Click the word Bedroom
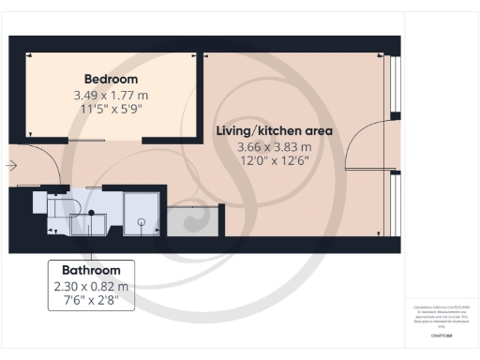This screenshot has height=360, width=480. (111, 79)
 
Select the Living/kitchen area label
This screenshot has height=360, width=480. (274, 131)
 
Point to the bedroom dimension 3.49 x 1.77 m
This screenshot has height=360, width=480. (111, 96)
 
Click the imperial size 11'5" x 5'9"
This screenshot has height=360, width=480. (111, 111)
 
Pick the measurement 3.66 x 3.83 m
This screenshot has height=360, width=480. (274, 147)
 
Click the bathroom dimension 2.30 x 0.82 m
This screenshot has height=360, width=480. (91, 287)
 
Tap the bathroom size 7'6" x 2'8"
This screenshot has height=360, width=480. (91, 302)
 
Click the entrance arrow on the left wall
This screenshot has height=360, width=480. (10, 166)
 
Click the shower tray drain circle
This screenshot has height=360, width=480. (141, 222)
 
